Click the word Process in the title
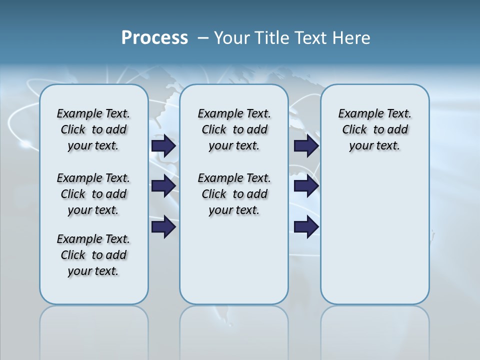pyautogui.click(x=154, y=38)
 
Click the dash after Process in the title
pyautogui.click(x=202, y=38)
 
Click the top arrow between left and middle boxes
pyautogui.click(x=163, y=146)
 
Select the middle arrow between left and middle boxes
pyautogui.click(x=163, y=186)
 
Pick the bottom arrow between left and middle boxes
pyautogui.click(x=163, y=227)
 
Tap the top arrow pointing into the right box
pyautogui.click(x=306, y=146)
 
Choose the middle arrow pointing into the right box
pyautogui.click(x=306, y=186)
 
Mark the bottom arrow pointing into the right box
pyautogui.click(x=306, y=227)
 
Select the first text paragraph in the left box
pyautogui.click(x=93, y=129)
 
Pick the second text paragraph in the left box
pyautogui.click(x=93, y=194)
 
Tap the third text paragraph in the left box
pyautogui.click(x=93, y=255)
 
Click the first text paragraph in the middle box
pyautogui.click(x=234, y=129)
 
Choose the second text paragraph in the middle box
pyautogui.click(x=234, y=194)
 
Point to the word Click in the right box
pyautogui.click(x=354, y=130)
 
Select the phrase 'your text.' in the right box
pyautogui.click(x=374, y=146)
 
